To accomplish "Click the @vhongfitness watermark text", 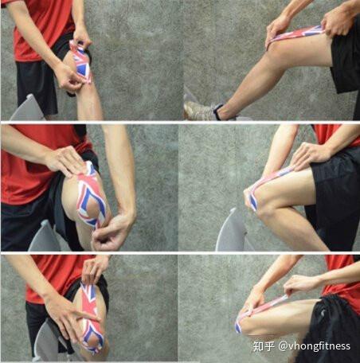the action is coord(315,346).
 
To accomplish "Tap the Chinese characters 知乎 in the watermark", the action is coord(264,346).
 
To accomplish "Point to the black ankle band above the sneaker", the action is coord(217,111).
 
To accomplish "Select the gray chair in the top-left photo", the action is coord(26,108).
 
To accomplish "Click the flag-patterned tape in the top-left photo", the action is coord(80,61).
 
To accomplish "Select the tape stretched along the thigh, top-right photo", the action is coord(295,35).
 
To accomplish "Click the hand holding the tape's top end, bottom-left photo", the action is coord(93,271).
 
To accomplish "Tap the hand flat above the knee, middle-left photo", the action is coord(66,161).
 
